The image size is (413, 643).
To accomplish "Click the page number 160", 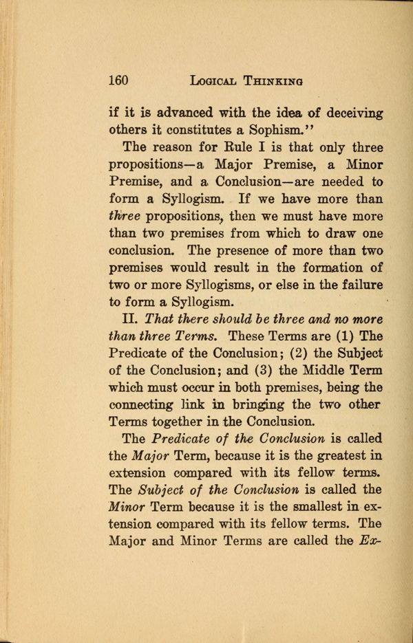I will pos(120,80).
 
